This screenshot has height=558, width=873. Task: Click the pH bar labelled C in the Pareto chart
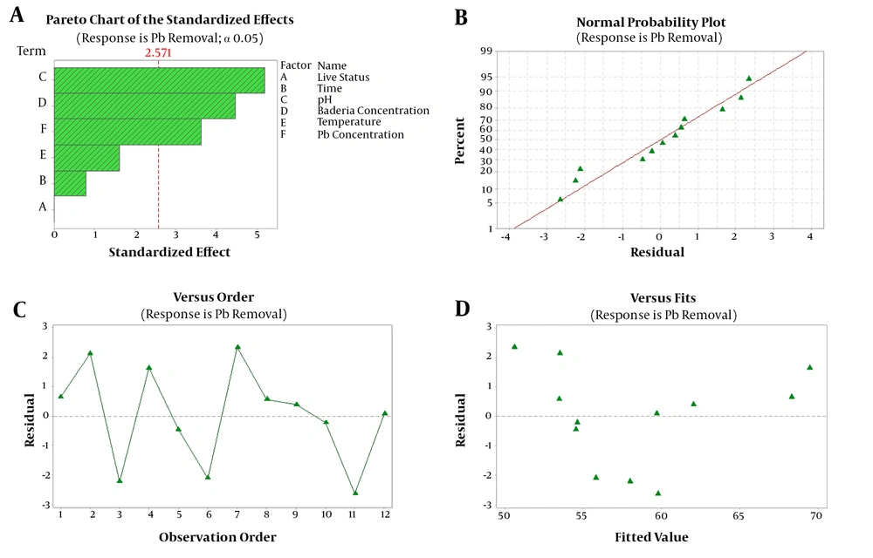(159, 80)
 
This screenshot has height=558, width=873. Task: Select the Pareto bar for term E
(86, 158)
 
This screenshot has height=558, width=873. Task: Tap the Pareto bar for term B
(70, 183)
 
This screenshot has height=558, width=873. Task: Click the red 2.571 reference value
(158, 53)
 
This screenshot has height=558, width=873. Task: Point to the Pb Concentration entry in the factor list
(361, 134)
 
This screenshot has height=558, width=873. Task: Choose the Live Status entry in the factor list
(343, 78)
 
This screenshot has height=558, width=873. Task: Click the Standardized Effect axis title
(169, 252)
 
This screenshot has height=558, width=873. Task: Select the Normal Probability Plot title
(651, 22)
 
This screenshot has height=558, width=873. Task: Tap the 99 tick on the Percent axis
(486, 51)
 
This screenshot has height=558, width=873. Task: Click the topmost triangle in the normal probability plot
(749, 79)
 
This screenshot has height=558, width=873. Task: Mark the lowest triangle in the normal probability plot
(560, 199)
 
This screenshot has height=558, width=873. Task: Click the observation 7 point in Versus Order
(237, 347)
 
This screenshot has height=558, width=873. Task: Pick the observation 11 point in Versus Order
(355, 493)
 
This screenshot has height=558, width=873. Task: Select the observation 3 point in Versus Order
(120, 480)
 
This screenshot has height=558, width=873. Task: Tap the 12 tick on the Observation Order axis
(385, 514)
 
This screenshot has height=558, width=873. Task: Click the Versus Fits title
(663, 298)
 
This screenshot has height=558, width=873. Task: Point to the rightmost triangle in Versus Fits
(809, 367)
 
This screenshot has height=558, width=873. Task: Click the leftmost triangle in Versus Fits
(514, 347)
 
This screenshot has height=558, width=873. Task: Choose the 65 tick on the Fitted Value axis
(739, 516)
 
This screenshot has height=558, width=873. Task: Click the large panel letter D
(462, 309)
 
